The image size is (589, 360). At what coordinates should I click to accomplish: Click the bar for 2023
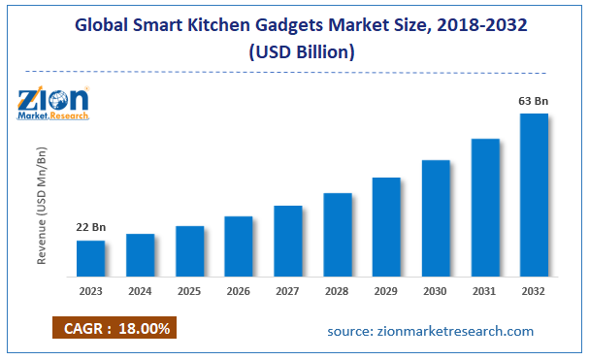pyautogui.click(x=91, y=257)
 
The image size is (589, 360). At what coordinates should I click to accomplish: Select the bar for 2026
pyautogui.click(x=239, y=245)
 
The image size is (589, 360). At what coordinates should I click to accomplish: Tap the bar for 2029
pyautogui.click(x=386, y=225)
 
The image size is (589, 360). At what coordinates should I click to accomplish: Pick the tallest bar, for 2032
pyautogui.click(x=534, y=194)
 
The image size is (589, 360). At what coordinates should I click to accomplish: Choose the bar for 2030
pyautogui.click(x=436, y=216)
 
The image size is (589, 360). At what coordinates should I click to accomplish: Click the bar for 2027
pyautogui.click(x=288, y=240)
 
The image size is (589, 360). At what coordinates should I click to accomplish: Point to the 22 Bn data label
pyautogui.click(x=91, y=227)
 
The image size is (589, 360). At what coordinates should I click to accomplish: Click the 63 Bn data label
pyautogui.click(x=534, y=100)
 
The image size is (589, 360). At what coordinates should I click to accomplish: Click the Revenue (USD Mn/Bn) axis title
pyautogui.click(x=43, y=208)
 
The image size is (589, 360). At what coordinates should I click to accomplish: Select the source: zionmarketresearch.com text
pyautogui.click(x=430, y=331)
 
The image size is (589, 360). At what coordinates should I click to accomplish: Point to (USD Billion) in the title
pyautogui.click(x=293, y=51)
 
